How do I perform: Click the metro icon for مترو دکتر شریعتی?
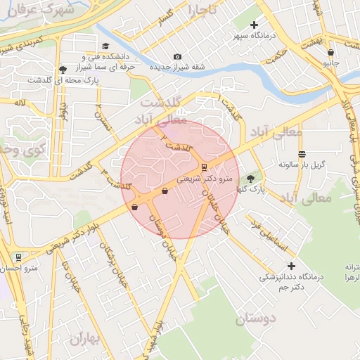click(205, 167)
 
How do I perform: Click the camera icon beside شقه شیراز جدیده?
click(177, 56)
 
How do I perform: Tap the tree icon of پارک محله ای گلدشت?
click(64, 69)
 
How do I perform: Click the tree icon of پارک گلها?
click(251, 179)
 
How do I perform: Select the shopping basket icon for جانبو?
click(330, 52)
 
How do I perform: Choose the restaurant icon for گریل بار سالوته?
click(302, 154)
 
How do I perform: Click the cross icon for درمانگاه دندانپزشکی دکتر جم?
click(291, 266)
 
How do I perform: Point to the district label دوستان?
click(256, 319)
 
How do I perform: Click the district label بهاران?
click(86, 340)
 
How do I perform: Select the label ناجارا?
click(203, 10)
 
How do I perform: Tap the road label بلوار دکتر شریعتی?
click(75, 236)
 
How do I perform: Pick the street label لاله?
click(18, 103)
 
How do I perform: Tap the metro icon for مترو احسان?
click(18, 257)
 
